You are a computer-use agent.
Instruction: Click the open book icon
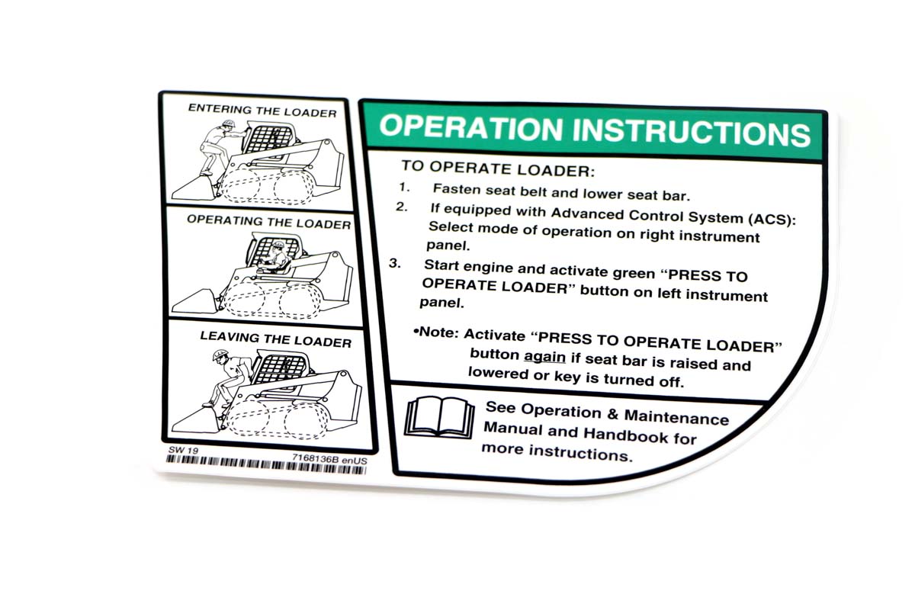click(x=439, y=418)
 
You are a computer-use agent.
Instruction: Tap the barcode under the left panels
click(x=266, y=466)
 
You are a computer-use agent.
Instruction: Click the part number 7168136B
click(x=316, y=458)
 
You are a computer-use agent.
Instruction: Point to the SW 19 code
click(x=184, y=450)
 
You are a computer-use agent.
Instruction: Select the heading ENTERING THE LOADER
click(x=262, y=111)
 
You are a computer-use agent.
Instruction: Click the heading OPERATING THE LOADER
click(x=268, y=222)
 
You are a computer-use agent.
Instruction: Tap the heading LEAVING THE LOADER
click(x=276, y=339)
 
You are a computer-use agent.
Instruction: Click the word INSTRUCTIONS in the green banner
click(x=692, y=131)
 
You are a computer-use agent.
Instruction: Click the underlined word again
click(x=544, y=358)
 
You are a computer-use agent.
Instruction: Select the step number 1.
click(x=404, y=187)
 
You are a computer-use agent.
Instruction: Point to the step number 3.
click(x=395, y=264)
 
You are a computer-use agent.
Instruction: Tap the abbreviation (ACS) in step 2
click(x=772, y=220)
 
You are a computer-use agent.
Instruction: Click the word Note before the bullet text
click(x=438, y=332)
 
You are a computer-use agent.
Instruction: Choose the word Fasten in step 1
click(x=456, y=189)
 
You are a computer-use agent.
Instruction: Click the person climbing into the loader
click(x=219, y=146)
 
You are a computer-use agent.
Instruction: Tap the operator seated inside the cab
click(x=274, y=258)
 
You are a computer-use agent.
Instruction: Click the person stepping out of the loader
click(x=228, y=377)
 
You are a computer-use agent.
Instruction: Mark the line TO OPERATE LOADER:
click(x=498, y=169)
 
